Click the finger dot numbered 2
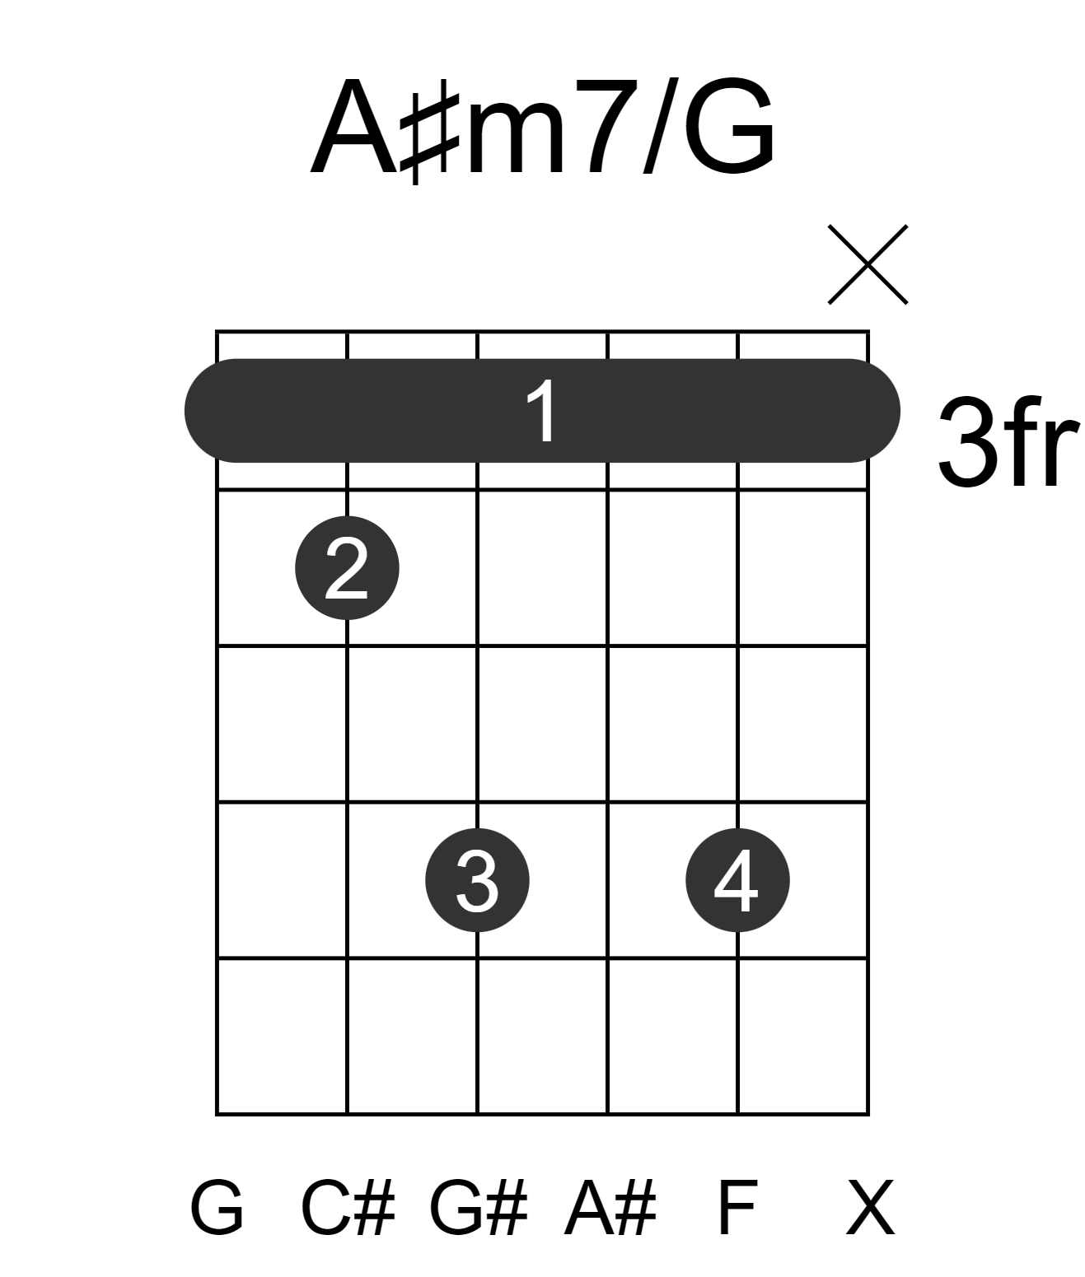[x=347, y=568]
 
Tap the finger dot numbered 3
[x=477, y=880]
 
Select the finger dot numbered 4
[x=737, y=880]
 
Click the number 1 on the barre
[x=543, y=411]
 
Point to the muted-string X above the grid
[x=868, y=264]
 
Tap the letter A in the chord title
[x=353, y=127]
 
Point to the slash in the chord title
[x=661, y=125]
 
